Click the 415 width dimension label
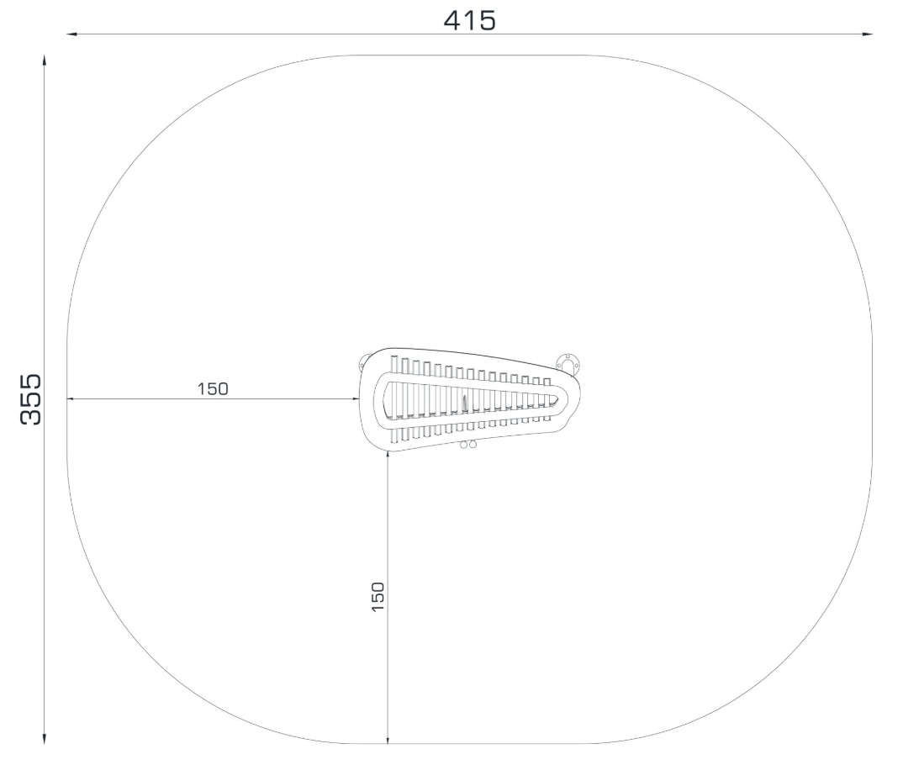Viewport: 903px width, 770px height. coord(469,21)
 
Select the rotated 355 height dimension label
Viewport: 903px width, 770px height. coord(31,399)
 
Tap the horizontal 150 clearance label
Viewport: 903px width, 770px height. coord(213,388)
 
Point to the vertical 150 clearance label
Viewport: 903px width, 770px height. coord(378,597)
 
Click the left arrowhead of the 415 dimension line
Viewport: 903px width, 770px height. coord(71,34)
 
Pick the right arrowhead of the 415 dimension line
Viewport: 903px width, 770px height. coord(868,34)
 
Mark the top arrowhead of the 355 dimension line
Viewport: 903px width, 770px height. coord(45,61)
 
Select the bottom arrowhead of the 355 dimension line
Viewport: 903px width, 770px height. coord(45,739)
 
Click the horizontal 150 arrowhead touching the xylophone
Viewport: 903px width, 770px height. coord(356,398)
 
